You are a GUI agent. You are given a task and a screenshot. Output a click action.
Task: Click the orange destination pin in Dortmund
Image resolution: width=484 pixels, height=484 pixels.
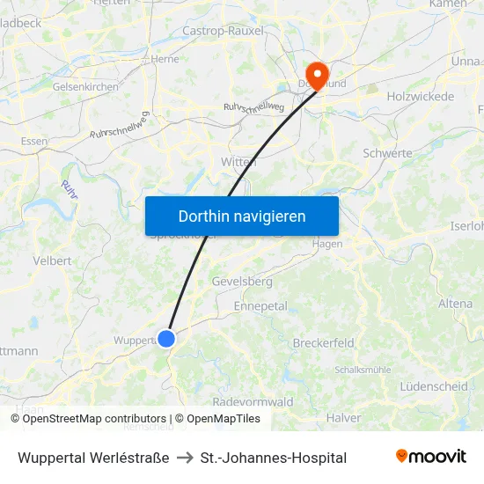315,73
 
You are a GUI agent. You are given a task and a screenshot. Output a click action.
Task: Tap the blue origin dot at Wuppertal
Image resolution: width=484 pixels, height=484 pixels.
165,338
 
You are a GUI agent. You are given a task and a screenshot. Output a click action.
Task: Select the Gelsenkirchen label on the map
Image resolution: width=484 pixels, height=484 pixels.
85,87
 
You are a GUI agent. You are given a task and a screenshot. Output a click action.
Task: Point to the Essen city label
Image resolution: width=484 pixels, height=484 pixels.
34,141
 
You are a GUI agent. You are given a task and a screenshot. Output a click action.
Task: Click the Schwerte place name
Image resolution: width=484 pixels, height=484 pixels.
387,153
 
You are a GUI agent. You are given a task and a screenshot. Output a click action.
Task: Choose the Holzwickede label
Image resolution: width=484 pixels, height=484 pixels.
421,96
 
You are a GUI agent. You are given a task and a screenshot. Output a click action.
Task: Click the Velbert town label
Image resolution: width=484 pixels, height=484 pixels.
52,260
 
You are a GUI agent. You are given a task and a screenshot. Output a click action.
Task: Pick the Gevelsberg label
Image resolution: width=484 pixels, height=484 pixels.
242,282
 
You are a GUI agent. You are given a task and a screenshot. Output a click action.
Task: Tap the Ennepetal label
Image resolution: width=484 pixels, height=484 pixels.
260,306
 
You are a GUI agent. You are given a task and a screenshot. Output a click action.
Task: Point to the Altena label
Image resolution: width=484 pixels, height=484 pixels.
455,304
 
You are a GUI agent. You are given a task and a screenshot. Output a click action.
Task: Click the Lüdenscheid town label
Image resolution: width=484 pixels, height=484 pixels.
433,386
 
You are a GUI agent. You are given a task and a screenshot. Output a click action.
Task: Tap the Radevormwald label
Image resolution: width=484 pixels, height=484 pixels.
253,401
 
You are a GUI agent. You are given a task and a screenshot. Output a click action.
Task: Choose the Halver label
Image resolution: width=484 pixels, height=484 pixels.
343,417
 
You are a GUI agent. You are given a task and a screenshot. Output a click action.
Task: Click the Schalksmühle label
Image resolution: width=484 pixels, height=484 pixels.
363,370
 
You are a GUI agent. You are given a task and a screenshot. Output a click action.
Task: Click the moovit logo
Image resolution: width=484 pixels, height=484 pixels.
431,457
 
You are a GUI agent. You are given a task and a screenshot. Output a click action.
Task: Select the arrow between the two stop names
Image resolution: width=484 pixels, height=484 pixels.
185,458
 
